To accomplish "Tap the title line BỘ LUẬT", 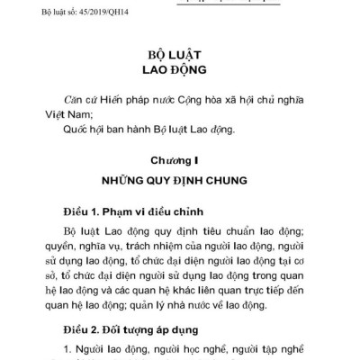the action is pos(179,52).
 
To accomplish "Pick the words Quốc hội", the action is pos(83,130).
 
